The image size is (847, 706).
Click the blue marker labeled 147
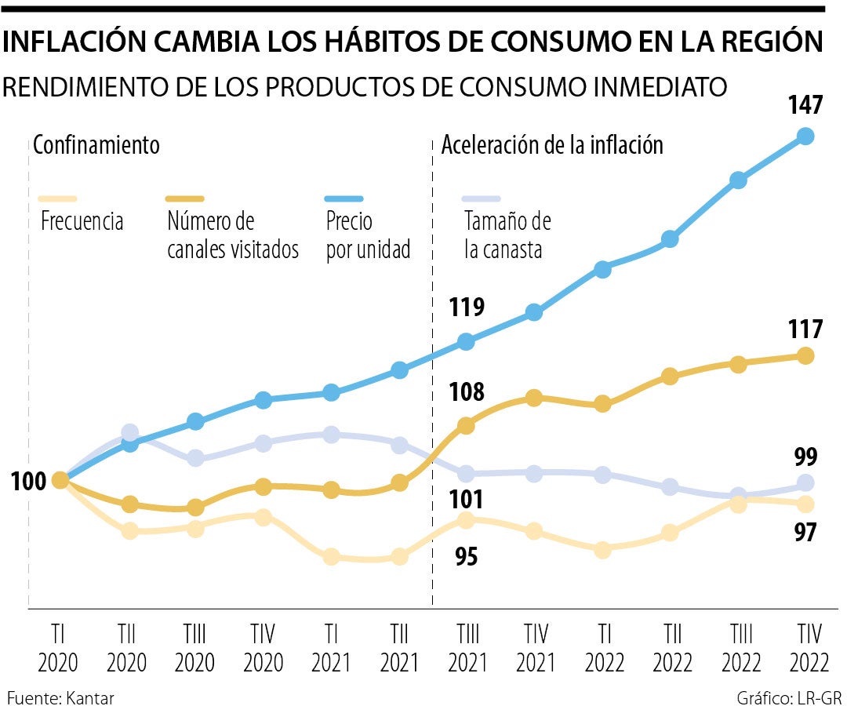pyautogui.click(x=805, y=136)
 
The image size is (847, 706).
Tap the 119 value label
pyautogui.click(x=467, y=307)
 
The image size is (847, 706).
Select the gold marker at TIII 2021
pyautogui.click(x=467, y=426)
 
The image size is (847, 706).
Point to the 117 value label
pyautogui.click(x=805, y=329)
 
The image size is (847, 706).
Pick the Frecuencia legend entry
pyautogui.click(x=82, y=220)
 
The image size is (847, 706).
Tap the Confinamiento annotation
pyautogui.click(x=96, y=145)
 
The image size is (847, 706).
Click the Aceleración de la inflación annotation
pyautogui.click(x=552, y=145)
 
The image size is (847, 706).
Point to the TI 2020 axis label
pyautogui.click(x=57, y=648)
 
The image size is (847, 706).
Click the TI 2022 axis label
pyautogui.click(x=602, y=648)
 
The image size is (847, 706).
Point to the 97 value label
pyautogui.click(x=805, y=532)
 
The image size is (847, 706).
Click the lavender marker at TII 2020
pyautogui.click(x=130, y=433)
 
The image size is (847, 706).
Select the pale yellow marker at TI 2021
pyautogui.click(x=331, y=557)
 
